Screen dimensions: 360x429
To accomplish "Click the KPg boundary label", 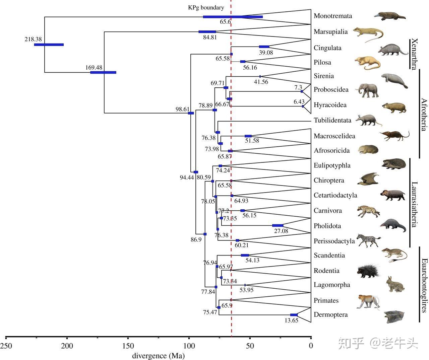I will pyautogui.click(x=206, y=7).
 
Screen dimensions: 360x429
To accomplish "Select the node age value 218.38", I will pyautogui.click(x=33, y=39).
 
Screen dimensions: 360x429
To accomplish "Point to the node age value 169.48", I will pyautogui.click(x=94, y=67).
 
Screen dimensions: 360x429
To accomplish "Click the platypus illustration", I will pyautogui.click(x=390, y=16).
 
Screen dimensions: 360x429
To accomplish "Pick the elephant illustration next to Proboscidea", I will pyautogui.click(x=368, y=90).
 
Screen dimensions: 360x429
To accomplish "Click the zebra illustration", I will pyautogui.click(x=368, y=240).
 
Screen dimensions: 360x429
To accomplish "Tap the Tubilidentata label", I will pyautogui.click(x=332, y=120).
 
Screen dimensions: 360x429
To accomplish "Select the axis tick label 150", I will pyautogui.click(x=128, y=346).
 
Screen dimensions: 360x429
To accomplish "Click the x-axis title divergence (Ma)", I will pyautogui.click(x=159, y=356).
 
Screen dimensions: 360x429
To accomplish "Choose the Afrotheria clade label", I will pyautogui.click(x=424, y=114).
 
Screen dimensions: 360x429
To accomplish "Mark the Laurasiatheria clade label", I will pyautogui.click(x=415, y=204).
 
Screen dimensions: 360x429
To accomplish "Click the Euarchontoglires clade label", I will pyautogui.click(x=424, y=285).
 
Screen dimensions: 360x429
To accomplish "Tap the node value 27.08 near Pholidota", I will pyautogui.click(x=281, y=231).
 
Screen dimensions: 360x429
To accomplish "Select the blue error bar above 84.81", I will pyautogui.click(x=207, y=32).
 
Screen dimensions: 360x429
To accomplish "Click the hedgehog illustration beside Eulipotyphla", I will pyautogui.click(x=393, y=164).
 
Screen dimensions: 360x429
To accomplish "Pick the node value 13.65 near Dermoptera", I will pyautogui.click(x=291, y=320).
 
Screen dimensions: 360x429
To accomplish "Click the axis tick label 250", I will pyautogui.click(x=6, y=346).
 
